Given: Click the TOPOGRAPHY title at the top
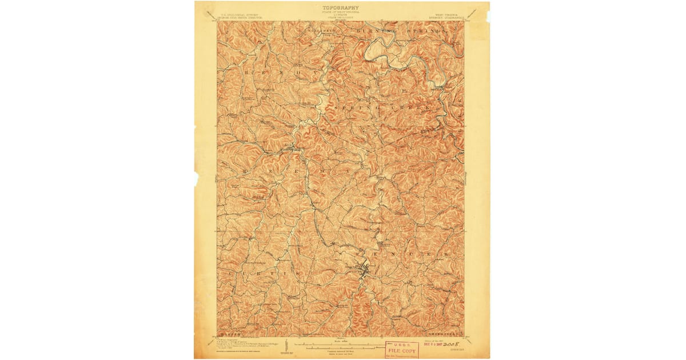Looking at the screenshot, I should click(341, 8).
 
